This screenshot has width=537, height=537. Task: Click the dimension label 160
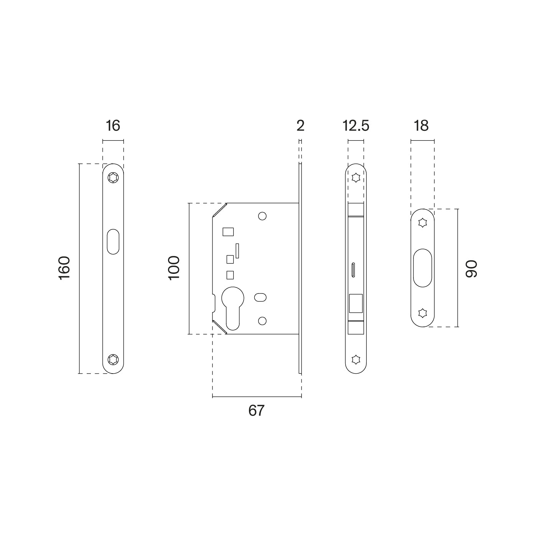[64, 268]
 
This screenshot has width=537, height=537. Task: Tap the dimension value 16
[113, 126]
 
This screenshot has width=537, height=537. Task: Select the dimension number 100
[174, 268]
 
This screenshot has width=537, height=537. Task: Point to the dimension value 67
[256, 410]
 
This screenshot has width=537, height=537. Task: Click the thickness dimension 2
[300, 126]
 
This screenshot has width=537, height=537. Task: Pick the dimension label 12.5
[356, 126]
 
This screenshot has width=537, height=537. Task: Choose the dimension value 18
[421, 126]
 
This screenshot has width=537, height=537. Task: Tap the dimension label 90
[471, 269]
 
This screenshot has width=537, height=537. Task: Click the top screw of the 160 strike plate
[113, 178]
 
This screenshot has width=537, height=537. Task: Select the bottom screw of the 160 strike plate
[113, 359]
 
